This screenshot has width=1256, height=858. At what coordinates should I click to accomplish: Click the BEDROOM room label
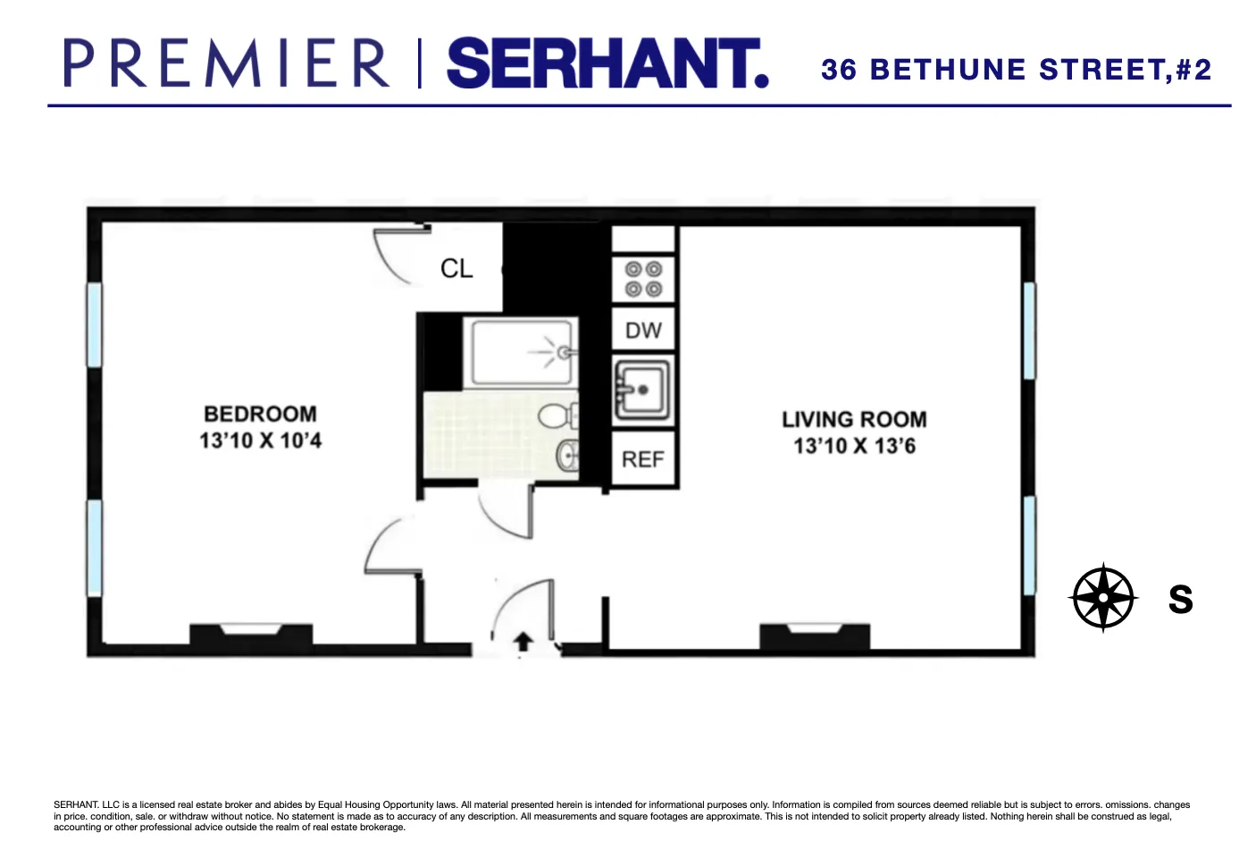[260, 414]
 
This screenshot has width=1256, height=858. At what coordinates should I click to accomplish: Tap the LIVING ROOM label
[854, 419]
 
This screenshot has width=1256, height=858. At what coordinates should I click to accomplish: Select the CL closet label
[456, 268]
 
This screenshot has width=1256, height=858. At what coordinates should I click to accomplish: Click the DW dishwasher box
[643, 330]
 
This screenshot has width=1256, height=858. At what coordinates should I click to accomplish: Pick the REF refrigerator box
[643, 458]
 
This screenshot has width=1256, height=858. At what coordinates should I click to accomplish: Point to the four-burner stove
[643, 279]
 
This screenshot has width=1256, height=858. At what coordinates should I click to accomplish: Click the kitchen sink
[641, 389]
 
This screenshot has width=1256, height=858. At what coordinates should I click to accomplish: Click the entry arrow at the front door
[523, 642]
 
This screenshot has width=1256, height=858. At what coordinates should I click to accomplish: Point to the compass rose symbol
[1103, 598]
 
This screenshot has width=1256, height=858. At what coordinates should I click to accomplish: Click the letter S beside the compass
[1180, 599]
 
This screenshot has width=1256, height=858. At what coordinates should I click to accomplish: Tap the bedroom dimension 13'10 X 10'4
[260, 441]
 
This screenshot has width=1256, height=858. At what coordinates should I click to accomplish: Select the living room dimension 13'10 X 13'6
[854, 446]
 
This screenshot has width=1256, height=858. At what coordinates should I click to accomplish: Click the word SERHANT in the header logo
[607, 63]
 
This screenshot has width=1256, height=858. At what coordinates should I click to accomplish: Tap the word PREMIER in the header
[227, 63]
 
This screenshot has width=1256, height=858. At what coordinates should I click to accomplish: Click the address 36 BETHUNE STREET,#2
[1016, 70]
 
